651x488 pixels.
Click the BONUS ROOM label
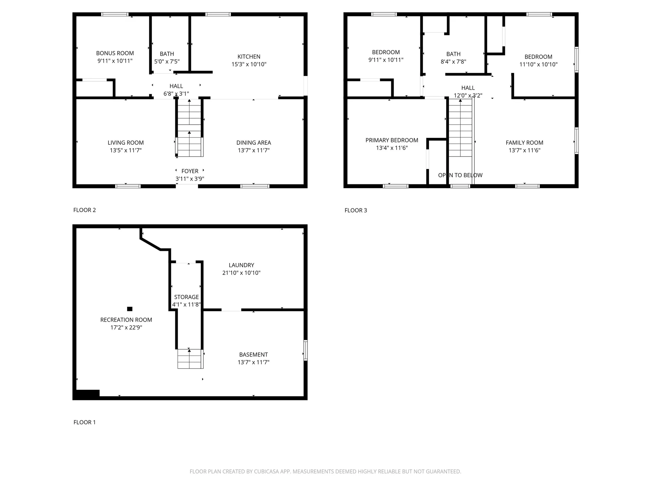click(115, 53)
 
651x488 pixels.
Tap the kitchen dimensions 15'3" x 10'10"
click(249, 64)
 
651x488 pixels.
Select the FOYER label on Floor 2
click(190, 171)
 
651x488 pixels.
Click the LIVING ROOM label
click(125, 143)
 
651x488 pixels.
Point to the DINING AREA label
click(253, 143)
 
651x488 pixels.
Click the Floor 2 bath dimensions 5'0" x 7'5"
click(167, 62)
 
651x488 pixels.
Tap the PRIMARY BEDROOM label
click(392, 140)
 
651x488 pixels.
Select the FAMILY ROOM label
click(524, 143)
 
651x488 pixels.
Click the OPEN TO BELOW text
click(460, 175)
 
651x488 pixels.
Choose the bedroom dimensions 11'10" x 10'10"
click(538, 64)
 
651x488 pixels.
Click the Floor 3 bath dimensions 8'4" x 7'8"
click(453, 62)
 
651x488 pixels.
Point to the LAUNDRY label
click(241, 265)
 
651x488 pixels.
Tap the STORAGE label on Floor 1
click(186, 297)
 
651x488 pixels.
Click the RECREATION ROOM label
click(126, 320)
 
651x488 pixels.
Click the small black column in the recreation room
click(130, 309)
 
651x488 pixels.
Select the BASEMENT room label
click(253, 354)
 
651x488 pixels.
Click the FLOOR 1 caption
click(84, 422)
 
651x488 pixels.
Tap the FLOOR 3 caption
click(356, 210)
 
